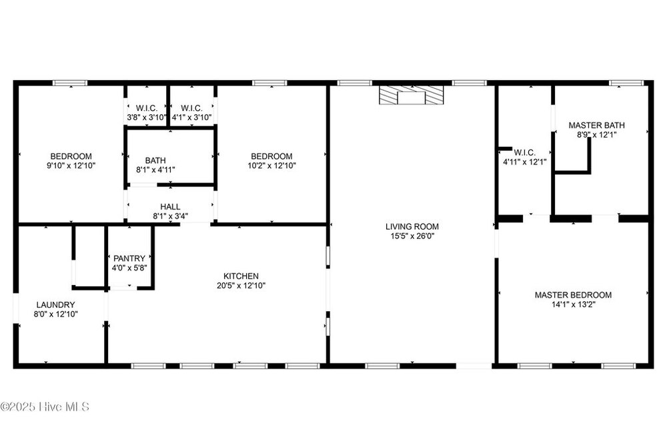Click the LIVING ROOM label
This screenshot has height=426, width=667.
[412, 226]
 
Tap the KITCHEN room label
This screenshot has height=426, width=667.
[241, 276]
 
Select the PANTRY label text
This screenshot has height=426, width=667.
[129, 258]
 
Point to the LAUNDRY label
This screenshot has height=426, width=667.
[56, 304]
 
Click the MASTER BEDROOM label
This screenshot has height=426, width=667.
[573, 294]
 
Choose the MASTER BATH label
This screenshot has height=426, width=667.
[596, 126]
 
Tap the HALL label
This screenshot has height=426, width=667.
[170, 206]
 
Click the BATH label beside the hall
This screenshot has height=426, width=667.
[155, 160]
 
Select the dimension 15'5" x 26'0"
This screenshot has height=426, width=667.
[412, 236]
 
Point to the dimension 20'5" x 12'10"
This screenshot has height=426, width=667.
[241, 285]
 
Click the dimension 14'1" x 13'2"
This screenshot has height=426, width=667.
[573, 304]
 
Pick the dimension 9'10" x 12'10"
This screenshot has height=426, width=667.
[71, 166]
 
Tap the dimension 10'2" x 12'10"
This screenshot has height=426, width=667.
[272, 166]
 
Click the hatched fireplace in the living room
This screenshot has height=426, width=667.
[412, 95]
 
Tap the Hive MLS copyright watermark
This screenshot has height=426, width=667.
[45, 407]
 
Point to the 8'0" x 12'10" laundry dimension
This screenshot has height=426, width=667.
[56, 314]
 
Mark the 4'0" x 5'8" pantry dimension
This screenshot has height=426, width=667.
[129, 268]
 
